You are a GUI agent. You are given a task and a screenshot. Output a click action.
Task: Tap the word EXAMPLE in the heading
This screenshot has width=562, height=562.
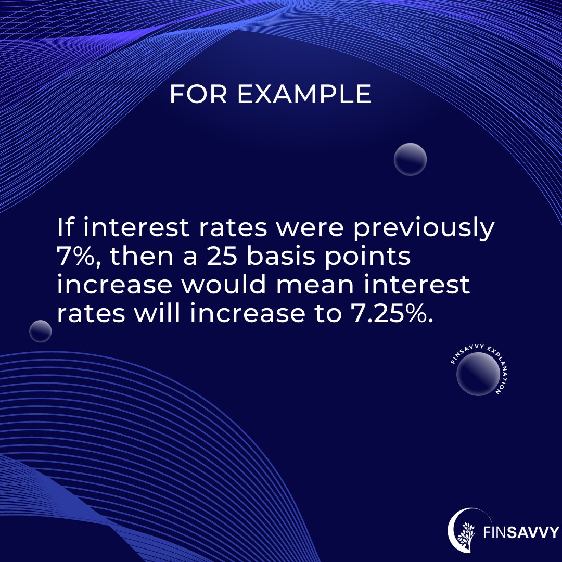[x=304, y=95]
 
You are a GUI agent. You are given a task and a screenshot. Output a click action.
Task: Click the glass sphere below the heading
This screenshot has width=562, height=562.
[x=410, y=159]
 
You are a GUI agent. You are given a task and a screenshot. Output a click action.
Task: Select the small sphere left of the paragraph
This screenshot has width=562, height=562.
[x=40, y=331]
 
